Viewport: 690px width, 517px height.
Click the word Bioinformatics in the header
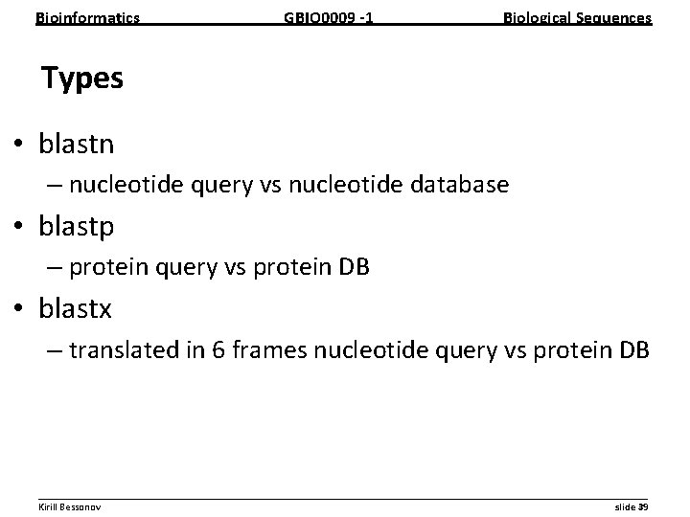(x=87, y=17)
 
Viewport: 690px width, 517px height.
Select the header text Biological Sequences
(x=578, y=17)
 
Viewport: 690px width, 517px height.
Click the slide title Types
(x=82, y=79)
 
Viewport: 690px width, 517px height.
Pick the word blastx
(x=76, y=309)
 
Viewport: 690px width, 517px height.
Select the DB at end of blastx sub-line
(x=631, y=351)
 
